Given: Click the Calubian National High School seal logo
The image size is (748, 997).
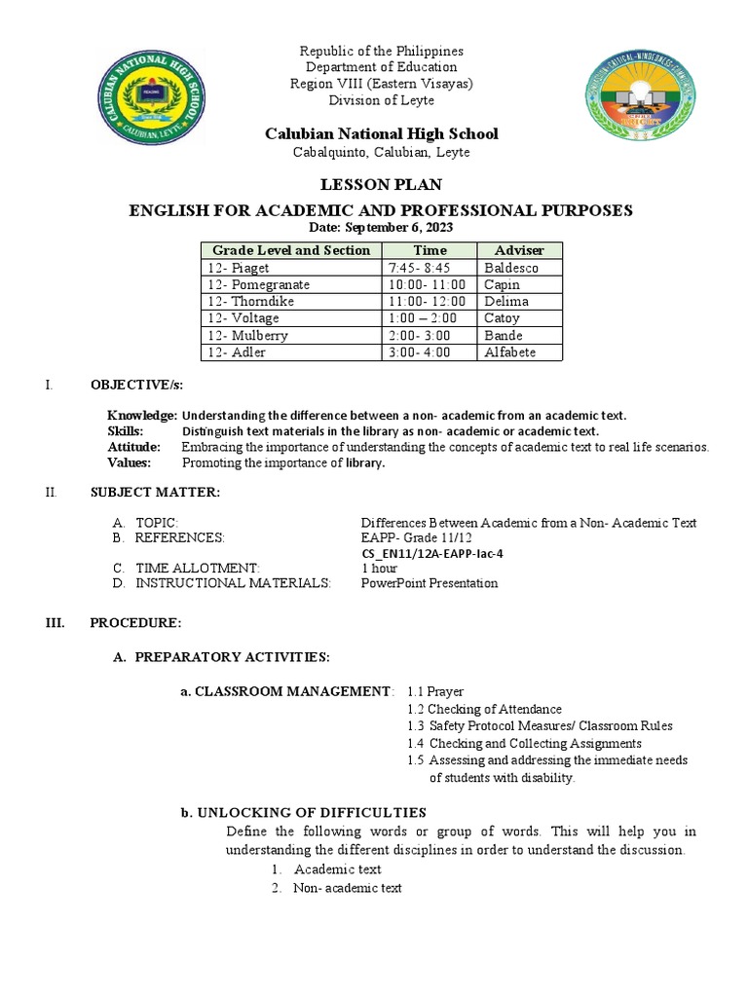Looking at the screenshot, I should coord(150,98).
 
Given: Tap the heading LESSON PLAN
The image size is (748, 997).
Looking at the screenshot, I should coord(381,185).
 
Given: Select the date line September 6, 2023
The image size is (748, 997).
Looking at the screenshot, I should coord(381,227).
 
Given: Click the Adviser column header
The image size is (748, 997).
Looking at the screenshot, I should coord(519,250).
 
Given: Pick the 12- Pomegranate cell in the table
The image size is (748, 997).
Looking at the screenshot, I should coord(258,284).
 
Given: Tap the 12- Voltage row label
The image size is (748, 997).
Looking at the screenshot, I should coord(243,318).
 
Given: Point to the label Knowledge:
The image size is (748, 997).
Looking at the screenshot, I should coord(142,415).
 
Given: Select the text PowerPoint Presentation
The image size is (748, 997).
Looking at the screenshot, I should coord(430,583).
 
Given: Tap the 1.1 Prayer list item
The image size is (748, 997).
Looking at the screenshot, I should coord(435,691).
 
